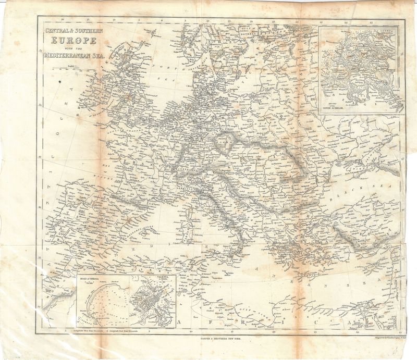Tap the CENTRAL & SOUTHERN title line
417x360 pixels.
tap(74, 31)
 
